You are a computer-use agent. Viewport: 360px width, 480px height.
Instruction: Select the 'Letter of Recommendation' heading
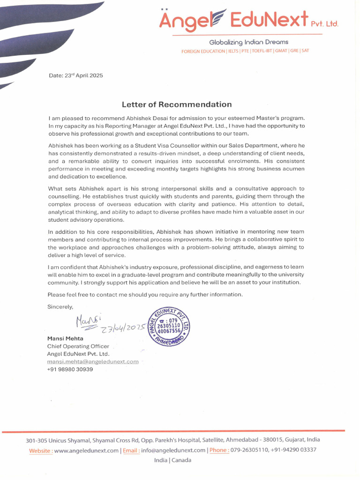coord(177,104)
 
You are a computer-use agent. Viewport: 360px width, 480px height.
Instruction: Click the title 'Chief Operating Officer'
coord(78,346)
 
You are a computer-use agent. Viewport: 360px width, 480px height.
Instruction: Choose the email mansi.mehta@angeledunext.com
coord(93,361)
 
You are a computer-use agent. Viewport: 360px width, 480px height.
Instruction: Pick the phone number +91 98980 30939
coord(70,369)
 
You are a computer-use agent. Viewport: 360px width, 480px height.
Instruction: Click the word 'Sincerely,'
coord(60,307)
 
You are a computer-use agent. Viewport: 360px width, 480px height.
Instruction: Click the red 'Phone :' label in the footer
coord(219,450)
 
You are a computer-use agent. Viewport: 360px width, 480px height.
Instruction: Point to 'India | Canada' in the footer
coord(172,460)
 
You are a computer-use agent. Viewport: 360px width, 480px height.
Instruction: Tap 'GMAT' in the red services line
coord(281,51)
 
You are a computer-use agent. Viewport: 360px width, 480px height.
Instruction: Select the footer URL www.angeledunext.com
coord(86,450)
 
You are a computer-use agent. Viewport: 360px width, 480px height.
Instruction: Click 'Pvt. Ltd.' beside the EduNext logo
coord(324,23)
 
